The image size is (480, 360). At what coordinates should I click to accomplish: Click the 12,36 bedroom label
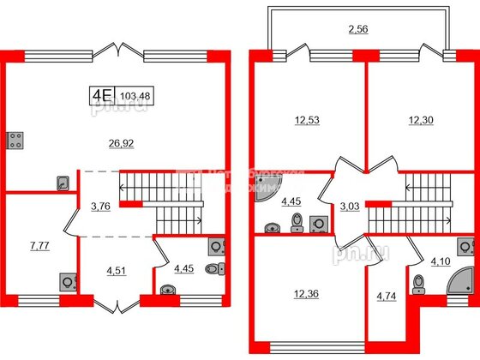303,297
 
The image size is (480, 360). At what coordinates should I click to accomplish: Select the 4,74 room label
387,300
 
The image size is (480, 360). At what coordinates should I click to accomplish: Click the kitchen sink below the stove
62,182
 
